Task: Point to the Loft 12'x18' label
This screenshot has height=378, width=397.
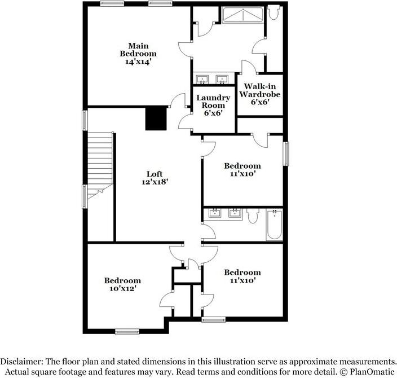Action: pos(155,178)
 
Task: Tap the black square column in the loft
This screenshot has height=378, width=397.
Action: pos(156,118)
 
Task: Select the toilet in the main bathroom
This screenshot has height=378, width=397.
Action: pos(274,13)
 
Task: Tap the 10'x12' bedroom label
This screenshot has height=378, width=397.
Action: pos(122,284)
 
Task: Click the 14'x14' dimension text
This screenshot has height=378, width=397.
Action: pos(138,61)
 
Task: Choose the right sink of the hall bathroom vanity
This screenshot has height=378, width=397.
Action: pos(233,213)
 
